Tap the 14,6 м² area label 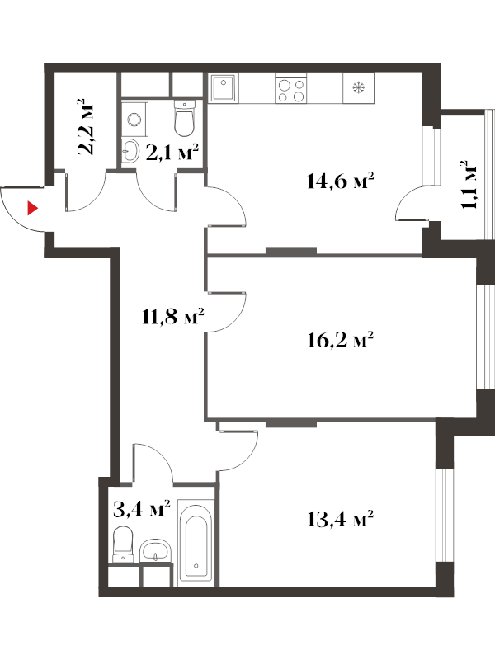(341, 181)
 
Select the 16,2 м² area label (341, 340)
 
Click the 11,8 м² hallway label (173, 316)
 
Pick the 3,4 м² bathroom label (142, 508)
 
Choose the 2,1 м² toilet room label (172, 153)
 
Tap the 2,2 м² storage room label (87, 127)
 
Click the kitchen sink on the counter (224, 88)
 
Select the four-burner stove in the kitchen (291, 88)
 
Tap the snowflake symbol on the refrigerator (359, 88)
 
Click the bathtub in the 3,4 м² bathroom (196, 540)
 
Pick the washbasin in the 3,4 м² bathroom (156, 550)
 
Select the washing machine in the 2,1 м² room (135, 119)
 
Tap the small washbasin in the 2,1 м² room (130, 151)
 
